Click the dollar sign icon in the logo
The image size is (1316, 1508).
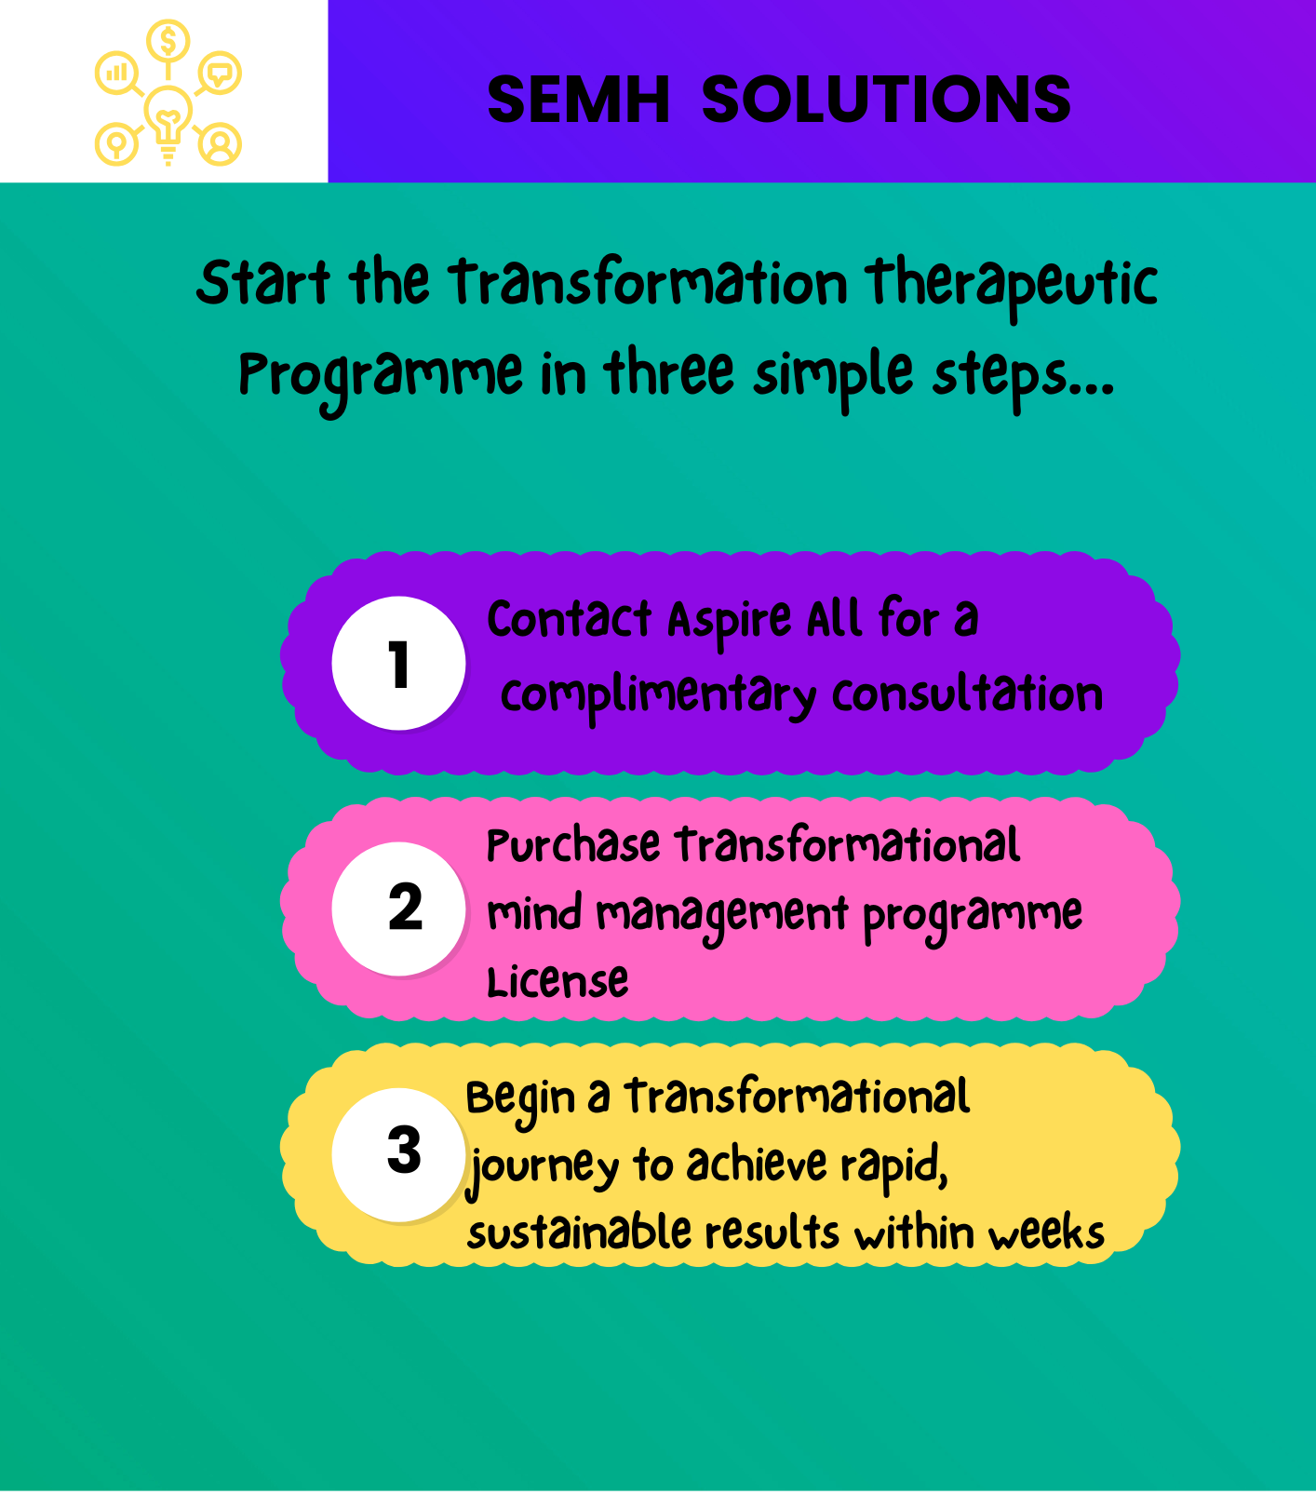tap(168, 41)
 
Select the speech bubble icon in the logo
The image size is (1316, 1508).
tap(220, 73)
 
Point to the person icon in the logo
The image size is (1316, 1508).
tap(221, 144)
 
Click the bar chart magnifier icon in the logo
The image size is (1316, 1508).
tap(117, 74)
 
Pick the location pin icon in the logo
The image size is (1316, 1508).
tap(117, 144)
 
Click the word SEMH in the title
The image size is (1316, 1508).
tap(578, 100)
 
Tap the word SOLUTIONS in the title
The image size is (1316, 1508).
tap(886, 100)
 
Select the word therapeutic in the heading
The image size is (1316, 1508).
tap(1011, 286)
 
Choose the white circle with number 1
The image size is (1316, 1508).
tap(398, 664)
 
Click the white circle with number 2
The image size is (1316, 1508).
tap(398, 909)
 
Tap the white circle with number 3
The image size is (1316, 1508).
tap(398, 1154)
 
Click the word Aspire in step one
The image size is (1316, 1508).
tap(730, 622)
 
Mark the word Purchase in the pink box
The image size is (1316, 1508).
tap(573, 845)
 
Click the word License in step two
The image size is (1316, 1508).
tap(557, 981)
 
